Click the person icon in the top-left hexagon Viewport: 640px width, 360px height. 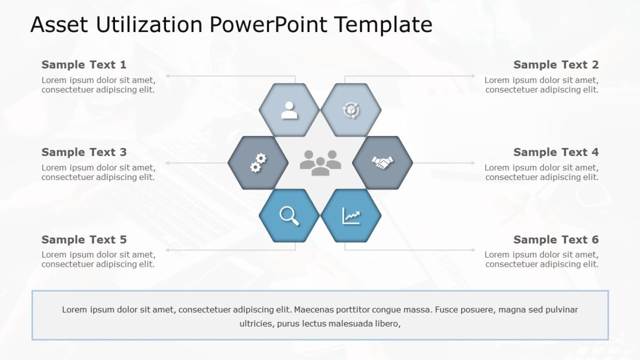pyautogui.click(x=290, y=110)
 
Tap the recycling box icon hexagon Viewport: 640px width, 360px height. pyautogui.click(x=351, y=110)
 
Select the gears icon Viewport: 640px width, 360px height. pyautogui.click(x=258, y=163)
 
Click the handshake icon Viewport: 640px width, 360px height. pyautogui.click(x=382, y=163)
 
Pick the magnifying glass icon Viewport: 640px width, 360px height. pyautogui.click(x=289, y=216)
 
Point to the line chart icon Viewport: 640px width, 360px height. pyautogui.click(x=351, y=216)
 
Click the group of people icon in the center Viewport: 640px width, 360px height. pyautogui.click(x=320, y=163)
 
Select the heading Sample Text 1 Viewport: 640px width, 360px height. pyautogui.click(x=84, y=65)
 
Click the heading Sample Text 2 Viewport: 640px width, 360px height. pyautogui.click(x=556, y=65)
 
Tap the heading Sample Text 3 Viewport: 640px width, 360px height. pyautogui.click(x=84, y=152)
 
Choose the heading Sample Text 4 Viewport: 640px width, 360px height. pyautogui.click(x=556, y=152)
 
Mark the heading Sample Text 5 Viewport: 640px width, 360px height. pyautogui.click(x=84, y=240)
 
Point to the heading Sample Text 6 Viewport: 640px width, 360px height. pyautogui.click(x=556, y=240)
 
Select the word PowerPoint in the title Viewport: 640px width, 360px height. pyautogui.click(x=268, y=25)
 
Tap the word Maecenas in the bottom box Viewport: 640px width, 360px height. pyautogui.click(x=314, y=310)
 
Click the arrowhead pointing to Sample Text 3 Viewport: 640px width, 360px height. pyautogui.click(x=168, y=163)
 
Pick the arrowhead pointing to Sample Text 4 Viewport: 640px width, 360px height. pyautogui.click(x=473, y=163)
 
